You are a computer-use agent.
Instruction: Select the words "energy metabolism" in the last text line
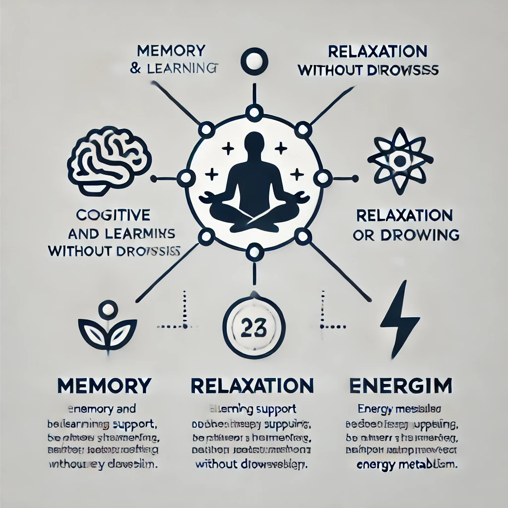coord(407,465)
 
